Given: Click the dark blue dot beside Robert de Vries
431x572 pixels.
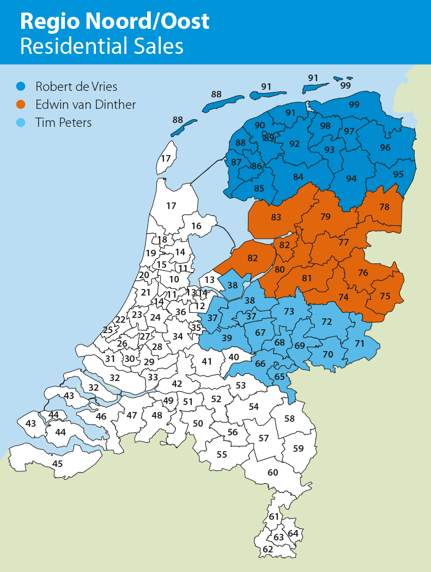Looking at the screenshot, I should tap(21, 86).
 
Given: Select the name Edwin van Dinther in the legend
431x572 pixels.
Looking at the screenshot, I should tap(86, 104).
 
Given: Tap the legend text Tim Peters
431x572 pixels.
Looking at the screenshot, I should tap(63, 122).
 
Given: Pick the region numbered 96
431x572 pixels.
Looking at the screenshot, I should tap(385, 147).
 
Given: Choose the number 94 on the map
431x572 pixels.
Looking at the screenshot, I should tap(351, 179).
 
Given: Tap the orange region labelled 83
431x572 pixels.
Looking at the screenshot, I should tap(276, 217).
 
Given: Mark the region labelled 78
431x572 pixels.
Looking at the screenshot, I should tap(385, 207).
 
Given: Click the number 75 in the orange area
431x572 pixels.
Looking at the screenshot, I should tap(385, 296).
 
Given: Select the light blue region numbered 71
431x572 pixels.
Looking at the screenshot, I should tap(360, 343).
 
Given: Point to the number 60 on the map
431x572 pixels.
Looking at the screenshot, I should tap(273, 472).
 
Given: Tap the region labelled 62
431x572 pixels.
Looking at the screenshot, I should tap(268, 550).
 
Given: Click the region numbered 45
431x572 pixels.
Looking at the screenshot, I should tap(57, 464).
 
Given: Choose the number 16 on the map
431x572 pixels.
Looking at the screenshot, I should tap(196, 226).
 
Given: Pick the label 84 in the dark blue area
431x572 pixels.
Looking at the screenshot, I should tap(298, 176).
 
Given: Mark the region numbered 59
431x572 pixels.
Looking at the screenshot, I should tap(299, 448).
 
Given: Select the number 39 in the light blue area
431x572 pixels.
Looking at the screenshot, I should tap(227, 338).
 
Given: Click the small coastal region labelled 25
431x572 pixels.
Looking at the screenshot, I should tap(108, 329).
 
